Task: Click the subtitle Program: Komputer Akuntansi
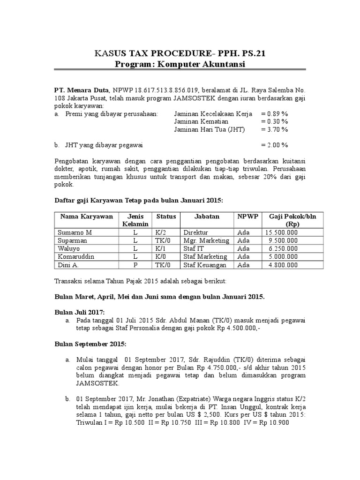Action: click(x=180, y=64)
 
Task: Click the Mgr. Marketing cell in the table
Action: click(x=206, y=240)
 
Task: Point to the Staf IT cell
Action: click(x=195, y=248)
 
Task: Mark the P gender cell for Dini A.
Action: click(x=135, y=265)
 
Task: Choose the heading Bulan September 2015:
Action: click(x=90, y=344)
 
